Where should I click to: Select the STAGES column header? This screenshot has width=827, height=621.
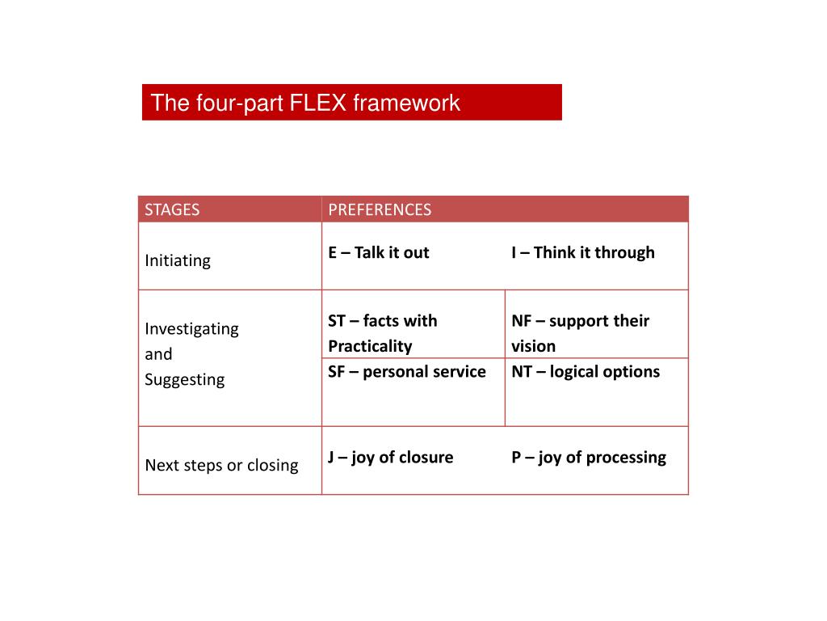coord(172,209)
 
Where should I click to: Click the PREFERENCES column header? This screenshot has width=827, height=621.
coord(380,209)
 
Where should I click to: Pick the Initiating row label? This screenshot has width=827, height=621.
coord(178,260)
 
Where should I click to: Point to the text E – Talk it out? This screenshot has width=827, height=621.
coord(379,252)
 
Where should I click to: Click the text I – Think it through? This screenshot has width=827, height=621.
coord(583,252)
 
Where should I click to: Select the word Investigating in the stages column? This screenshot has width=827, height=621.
coord(191,328)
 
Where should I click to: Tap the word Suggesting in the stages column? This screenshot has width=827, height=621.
coord(184,379)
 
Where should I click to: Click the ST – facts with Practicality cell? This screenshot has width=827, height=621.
coord(383,333)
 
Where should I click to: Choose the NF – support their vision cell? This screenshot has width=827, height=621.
coord(580,333)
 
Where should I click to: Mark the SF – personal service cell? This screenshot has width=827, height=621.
coord(407,371)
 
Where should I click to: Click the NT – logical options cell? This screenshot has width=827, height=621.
coord(586,371)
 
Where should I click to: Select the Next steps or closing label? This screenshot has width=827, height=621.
coord(221,465)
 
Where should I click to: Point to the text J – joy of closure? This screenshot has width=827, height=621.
coord(391,457)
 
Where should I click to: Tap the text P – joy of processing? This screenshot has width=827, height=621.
coord(589,457)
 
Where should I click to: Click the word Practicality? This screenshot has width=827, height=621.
coord(370,346)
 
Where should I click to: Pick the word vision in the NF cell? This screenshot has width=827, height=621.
coord(534,346)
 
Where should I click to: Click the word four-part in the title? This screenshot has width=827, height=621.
coord(239,103)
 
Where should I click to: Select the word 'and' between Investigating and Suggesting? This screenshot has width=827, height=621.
coord(158,354)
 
